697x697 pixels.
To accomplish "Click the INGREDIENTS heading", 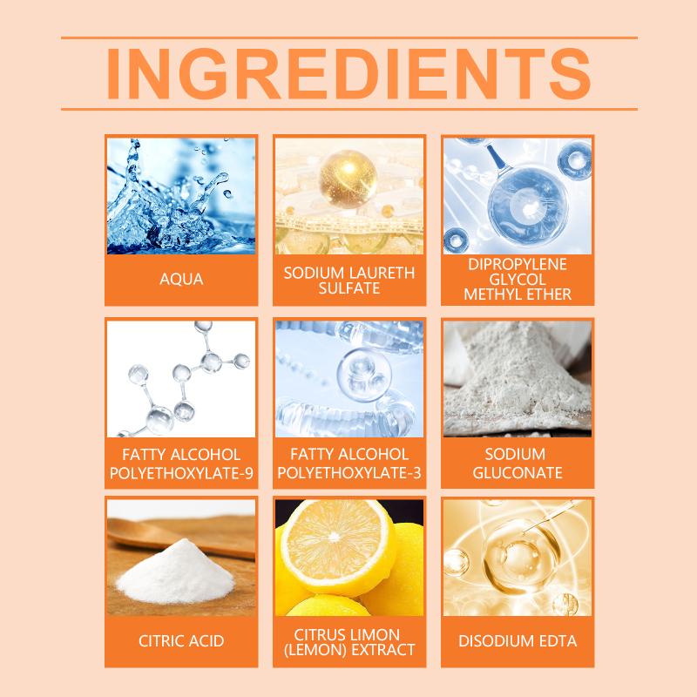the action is (349, 73).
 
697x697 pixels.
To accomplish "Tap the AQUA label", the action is (181, 279).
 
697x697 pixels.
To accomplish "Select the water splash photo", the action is (181, 196).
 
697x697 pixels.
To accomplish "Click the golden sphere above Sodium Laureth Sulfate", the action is (348, 179).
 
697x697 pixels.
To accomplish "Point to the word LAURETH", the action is (382, 273).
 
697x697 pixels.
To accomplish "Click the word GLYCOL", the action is (518, 279).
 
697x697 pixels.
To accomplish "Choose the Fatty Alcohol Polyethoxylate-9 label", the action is (181, 464).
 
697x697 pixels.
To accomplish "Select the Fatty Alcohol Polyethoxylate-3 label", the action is (349, 464).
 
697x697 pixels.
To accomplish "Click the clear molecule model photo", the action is (181, 379).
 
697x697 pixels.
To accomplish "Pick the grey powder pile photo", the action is (518, 379).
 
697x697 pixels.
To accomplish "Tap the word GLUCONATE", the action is (518, 472).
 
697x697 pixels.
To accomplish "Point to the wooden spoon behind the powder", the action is (181, 537).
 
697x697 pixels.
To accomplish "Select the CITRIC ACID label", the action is (181, 641).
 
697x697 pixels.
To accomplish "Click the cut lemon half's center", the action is (334, 537).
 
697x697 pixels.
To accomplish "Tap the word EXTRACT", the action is (383, 650).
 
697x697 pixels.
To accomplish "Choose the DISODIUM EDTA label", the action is (518, 641).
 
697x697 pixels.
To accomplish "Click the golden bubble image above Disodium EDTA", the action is (518, 558).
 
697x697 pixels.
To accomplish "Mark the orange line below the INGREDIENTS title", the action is (349, 109).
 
